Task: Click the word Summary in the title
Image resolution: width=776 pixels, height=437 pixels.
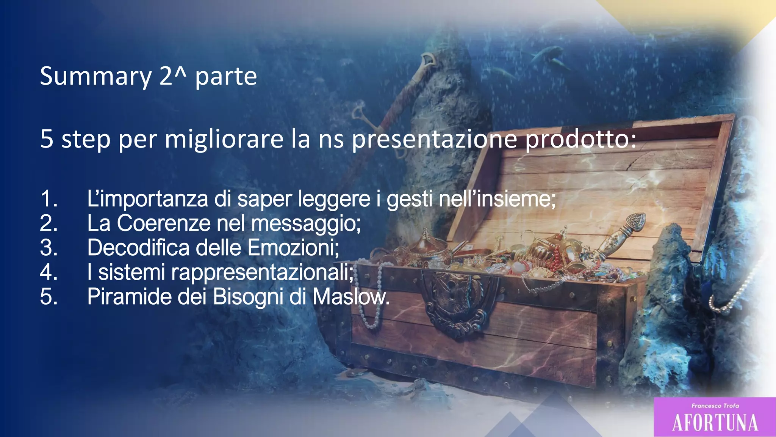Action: pyautogui.click(x=95, y=76)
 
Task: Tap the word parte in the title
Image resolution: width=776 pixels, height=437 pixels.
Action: pyautogui.click(x=226, y=76)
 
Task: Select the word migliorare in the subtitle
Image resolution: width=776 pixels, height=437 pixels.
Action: pyautogui.click(x=224, y=139)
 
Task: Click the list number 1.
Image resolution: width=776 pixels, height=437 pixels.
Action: pyautogui.click(x=49, y=198)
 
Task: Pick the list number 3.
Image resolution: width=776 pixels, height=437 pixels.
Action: pyautogui.click(x=49, y=247)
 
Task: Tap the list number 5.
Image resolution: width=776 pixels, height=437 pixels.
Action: pyautogui.click(x=49, y=296)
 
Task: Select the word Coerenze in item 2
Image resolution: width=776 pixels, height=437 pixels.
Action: pyautogui.click(x=163, y=223)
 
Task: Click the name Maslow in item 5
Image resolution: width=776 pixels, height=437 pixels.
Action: pyautogui.click(x=350, y=296)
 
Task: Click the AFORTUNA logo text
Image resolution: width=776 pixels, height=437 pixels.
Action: pyautogui.click(x=715, y=422)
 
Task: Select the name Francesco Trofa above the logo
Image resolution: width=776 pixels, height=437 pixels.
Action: pyautogui.click(x=715, y=406)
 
